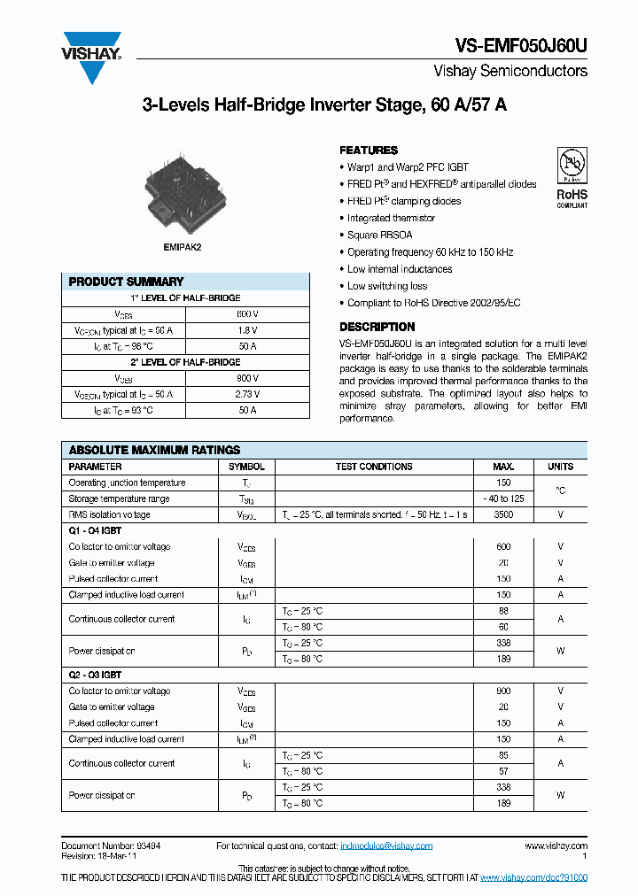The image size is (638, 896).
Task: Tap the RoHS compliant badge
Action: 572,177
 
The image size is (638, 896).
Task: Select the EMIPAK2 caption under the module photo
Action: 182,247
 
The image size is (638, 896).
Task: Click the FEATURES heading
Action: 369,151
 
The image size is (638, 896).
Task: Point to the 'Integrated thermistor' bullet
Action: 391,218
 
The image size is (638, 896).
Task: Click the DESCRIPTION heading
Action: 377,327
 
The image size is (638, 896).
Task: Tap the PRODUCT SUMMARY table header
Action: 127,282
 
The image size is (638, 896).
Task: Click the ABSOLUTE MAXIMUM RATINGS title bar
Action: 155,450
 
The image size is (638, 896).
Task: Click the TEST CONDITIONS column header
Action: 374,467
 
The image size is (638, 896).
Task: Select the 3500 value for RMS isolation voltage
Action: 503,514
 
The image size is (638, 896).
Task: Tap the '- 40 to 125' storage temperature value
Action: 503,498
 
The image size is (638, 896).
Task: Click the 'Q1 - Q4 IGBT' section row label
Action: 95,530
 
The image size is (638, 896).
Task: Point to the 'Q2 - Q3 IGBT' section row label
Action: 95,675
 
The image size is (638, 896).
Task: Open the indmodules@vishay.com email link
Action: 386,846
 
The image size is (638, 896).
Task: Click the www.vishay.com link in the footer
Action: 556,846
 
